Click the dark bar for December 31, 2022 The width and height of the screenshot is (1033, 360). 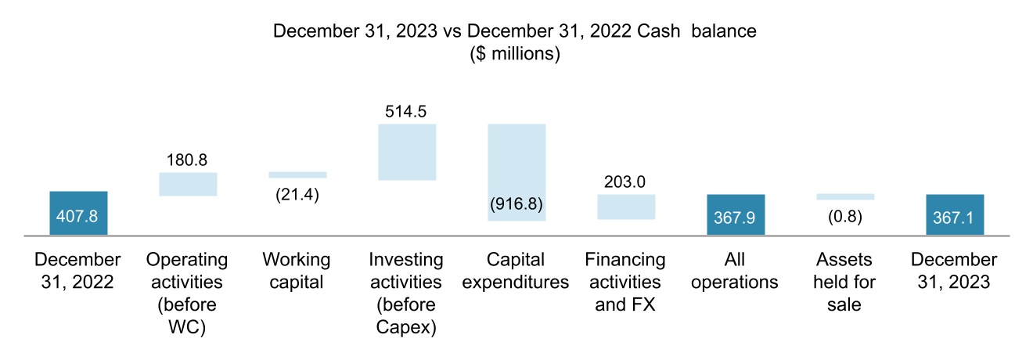tap(78, 213)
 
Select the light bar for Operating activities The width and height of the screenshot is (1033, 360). tap(188, 184)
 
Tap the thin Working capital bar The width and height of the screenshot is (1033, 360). tap(297, 175)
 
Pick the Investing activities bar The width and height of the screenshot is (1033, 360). tap(406, 152)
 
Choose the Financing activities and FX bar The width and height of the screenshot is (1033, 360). tap(626, 207)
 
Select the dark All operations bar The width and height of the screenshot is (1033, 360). tap(736, 214)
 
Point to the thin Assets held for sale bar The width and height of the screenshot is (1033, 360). tap(845, 196)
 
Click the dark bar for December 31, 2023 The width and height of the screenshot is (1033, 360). tap(954, 214)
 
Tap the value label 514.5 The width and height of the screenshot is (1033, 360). tap(406, 111)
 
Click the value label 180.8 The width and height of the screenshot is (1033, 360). tap(188, 160)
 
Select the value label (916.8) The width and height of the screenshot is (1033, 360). tap(516, 205)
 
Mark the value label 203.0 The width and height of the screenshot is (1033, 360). tap(626, 182)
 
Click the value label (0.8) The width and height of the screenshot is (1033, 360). tap(845, 216)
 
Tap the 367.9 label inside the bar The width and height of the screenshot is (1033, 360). tap(736, 217)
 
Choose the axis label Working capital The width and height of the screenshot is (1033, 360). tap(297, 270)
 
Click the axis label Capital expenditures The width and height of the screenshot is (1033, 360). tap(516, 270)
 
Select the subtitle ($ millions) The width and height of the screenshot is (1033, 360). tap(515, 55)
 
